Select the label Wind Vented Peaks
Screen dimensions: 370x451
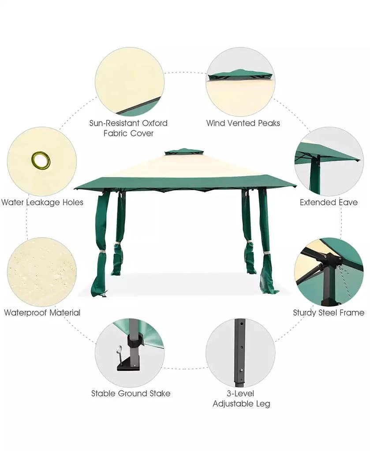pos(243,123)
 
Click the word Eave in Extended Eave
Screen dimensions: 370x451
pos(348,202)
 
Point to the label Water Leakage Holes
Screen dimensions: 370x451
pos(42,203)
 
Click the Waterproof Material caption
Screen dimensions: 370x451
pos(42,313)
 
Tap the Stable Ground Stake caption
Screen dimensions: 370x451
pos(131,393)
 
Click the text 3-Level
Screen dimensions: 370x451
pos(240,393)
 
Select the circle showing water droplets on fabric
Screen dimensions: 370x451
pos(42,272)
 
